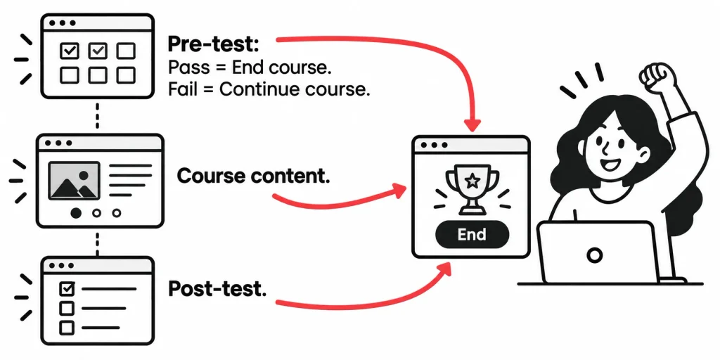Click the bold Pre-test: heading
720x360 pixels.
tap(214, 45)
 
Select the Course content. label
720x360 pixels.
tap(253, 176)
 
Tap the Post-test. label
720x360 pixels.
tap(218, 288)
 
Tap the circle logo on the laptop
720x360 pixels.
tap(595, 255)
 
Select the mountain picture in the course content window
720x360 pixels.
tap(74, 181)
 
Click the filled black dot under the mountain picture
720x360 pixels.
tap(76, 212)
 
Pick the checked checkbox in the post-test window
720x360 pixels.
tap(67, 288)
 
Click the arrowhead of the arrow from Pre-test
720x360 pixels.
tap(471, 124)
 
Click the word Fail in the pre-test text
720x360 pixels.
tap(181, 89)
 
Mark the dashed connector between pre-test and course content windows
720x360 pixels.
tap(97, 116)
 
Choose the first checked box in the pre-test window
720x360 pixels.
tap(70, 51)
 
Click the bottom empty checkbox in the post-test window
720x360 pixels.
tap(67, 328)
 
